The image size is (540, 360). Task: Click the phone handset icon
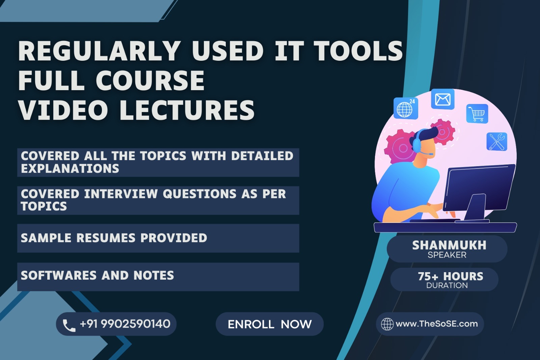(69, 325)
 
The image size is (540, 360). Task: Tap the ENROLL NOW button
(270, 324)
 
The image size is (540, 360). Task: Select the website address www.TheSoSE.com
(437, 324)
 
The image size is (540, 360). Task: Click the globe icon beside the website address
(387, 324)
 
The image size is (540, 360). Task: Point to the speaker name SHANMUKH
(449, 245)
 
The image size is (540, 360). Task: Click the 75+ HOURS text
(450, 276)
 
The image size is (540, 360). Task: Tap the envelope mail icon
(442, 99)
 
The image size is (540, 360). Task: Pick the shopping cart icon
(477, 114)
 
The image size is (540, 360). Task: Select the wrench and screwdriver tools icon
(497, 142)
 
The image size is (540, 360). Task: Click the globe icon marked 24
(406, 108)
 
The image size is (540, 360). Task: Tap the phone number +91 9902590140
(125, 324)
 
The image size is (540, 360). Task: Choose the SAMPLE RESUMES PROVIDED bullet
(114, 238)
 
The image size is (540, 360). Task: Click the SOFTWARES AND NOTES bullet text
(97, 276)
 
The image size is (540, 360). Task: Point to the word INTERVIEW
(121, 194)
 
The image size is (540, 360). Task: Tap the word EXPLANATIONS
(70, 169)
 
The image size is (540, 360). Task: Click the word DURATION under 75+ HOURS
(447, 285)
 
